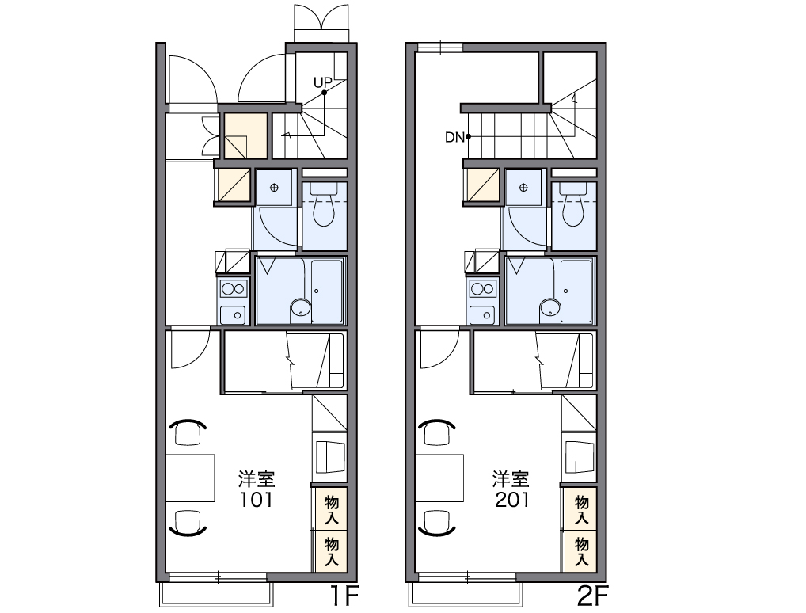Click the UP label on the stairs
[x=323, y=83]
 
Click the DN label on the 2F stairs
[x=454, y=137]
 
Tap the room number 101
[x=257, y=500]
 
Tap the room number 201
[x=512, y=500]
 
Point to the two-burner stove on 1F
[x=234, y=288]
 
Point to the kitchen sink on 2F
[x=483, y=314]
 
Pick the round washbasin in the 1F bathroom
[x=301, y=309]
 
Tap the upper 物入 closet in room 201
[x=581, y=509]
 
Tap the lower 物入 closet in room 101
[x=332, y=551]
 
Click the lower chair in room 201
[x=437, y=523]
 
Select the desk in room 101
[x=190, y=478]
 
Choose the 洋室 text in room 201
[x=511, y=479]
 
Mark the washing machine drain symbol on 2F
[x=524, y=188]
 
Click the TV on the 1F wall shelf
[x=329, y=456]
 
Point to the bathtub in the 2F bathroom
[x=576, y=291]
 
